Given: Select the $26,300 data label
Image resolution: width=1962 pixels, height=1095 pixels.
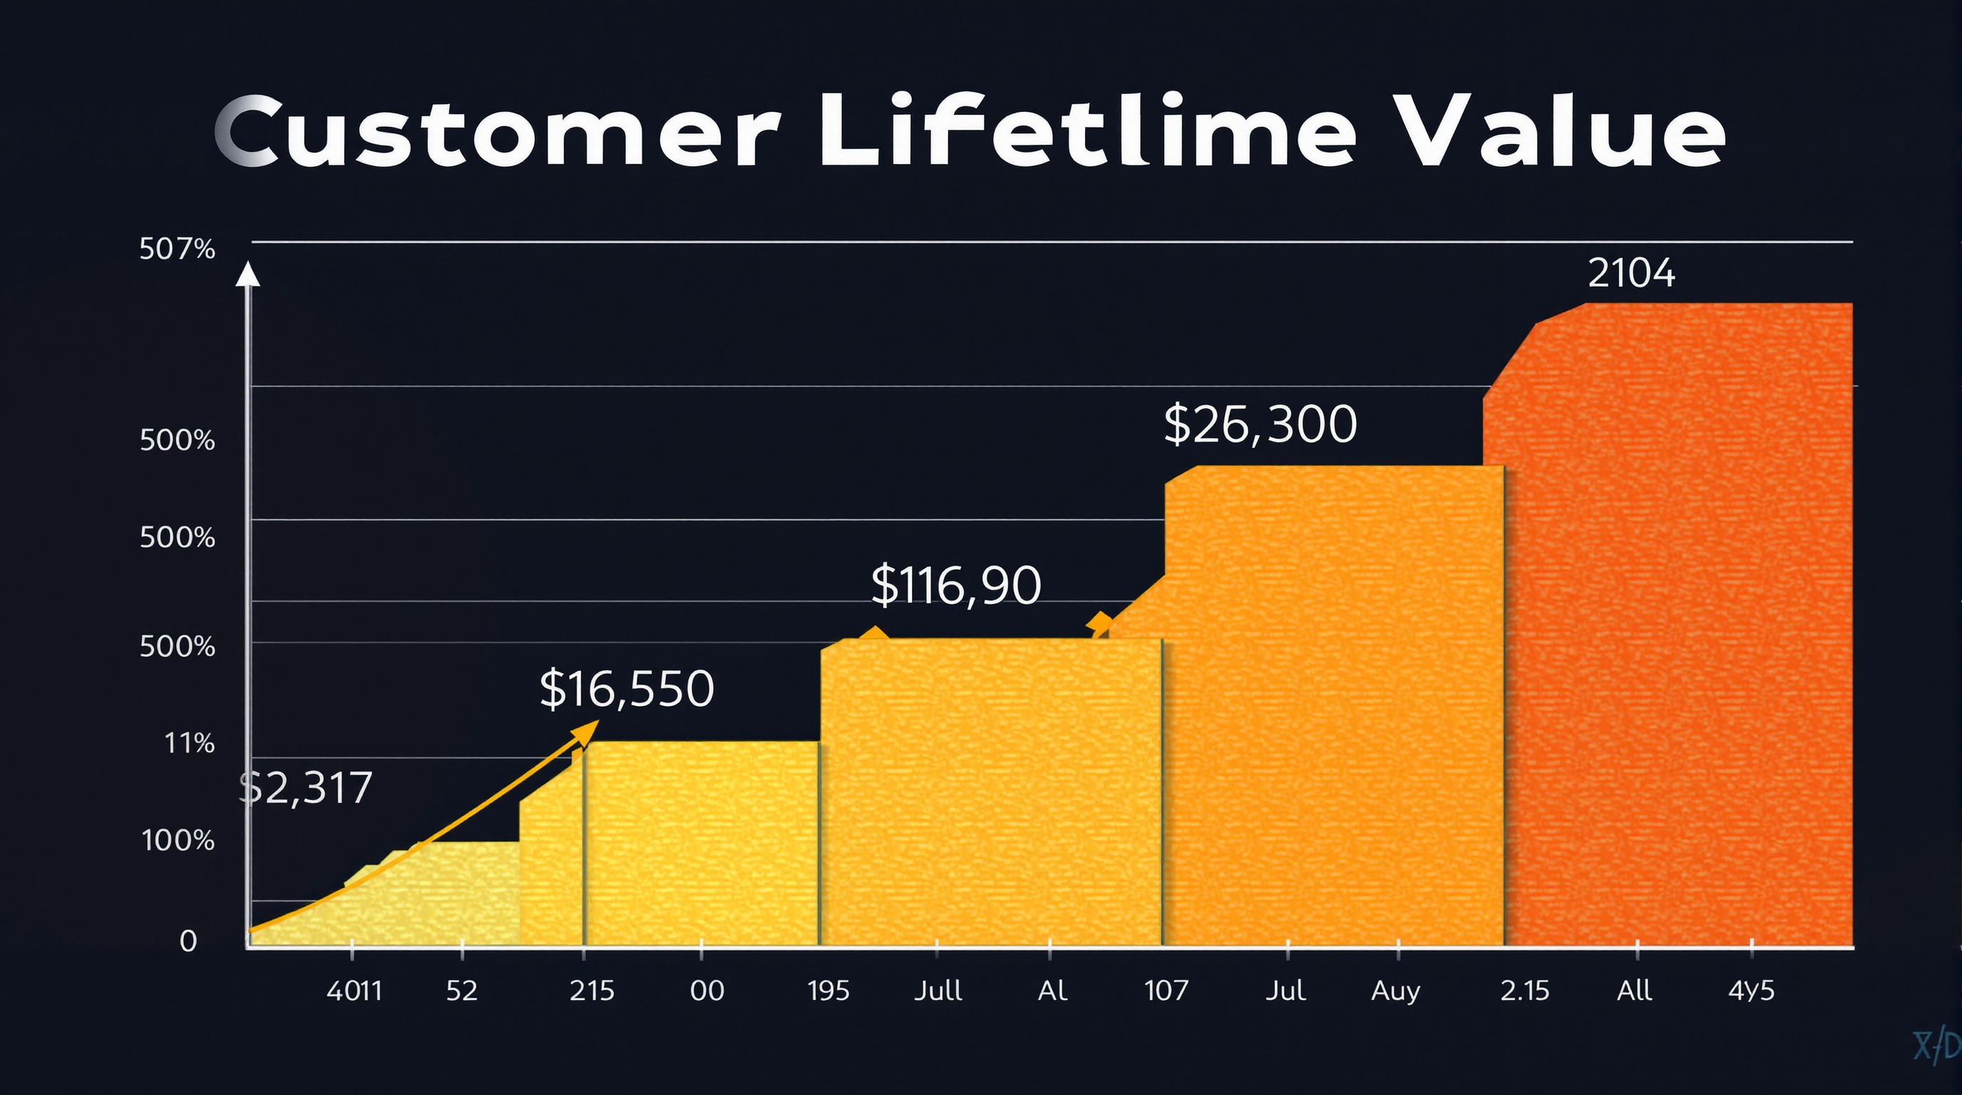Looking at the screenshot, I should point(1260,424).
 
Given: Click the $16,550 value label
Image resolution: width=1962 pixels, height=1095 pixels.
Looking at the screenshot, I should point(626,689).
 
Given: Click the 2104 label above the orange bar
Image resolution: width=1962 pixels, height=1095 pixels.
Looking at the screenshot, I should point(1630,272).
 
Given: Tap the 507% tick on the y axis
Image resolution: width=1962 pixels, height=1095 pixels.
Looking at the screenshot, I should point(177,249).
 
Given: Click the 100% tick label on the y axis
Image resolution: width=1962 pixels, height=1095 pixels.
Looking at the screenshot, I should point(178,840).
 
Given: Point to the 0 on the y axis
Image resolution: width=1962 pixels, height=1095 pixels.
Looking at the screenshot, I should point(188,941).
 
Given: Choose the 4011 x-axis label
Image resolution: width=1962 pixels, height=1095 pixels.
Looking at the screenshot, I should point(354,991).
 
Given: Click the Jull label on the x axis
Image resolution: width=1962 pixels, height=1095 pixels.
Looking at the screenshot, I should point(938,991).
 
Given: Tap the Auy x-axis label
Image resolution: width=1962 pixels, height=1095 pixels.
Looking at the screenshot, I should point(1395,991).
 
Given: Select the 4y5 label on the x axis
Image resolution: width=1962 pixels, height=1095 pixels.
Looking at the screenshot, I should point(1751,991).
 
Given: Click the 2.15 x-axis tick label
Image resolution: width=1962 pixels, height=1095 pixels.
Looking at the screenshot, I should point(1525,991).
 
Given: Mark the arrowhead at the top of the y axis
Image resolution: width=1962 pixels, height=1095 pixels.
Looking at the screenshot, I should point(247,274).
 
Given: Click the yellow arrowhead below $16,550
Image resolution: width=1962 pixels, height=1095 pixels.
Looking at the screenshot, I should point(586,731).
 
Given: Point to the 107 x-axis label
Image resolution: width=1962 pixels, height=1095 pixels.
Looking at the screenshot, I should point(1166,991).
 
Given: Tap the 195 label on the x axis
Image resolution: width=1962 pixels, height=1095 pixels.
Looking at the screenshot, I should point(828,991).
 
